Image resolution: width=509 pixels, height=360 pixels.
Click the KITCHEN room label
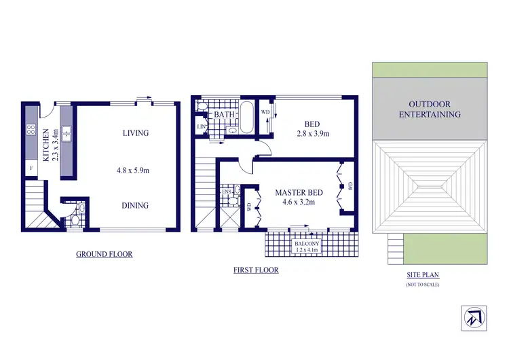pos(46,142)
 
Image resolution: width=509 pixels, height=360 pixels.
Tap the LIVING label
pos(135,133)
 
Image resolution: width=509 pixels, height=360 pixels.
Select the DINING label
pos(135,206)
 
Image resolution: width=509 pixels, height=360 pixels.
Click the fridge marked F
pos(31,167)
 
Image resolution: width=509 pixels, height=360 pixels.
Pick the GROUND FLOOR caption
pos(104,254)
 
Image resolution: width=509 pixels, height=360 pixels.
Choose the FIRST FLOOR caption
pos(255,270)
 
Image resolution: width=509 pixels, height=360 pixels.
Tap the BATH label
pos(224,115)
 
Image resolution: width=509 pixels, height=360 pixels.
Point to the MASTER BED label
pos(299,193)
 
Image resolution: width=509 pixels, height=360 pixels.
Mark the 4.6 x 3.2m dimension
pos(299,202)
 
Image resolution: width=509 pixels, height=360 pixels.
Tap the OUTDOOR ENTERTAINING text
pos(429,109)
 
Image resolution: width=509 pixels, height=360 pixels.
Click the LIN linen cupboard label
pos(201,127)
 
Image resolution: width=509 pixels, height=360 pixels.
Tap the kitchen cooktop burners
pos(31,129)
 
